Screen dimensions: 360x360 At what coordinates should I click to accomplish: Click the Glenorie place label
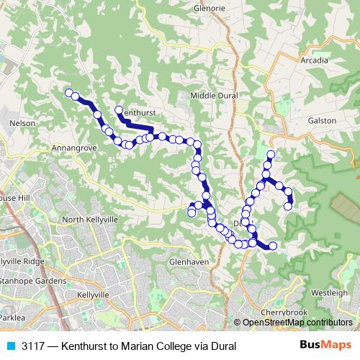coord(210,8)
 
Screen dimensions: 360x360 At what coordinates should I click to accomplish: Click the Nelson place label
coord(22,123)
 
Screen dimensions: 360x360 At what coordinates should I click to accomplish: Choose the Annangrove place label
coord(74,147)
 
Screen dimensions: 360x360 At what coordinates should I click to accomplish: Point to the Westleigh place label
coord(328,293)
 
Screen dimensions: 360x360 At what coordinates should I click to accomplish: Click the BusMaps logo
coord(325,346)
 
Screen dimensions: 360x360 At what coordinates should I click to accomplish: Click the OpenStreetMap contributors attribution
coord(297,323)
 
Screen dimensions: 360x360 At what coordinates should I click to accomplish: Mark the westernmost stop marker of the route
coord(69,92)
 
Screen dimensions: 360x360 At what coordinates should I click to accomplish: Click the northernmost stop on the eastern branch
coord(271,154)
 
